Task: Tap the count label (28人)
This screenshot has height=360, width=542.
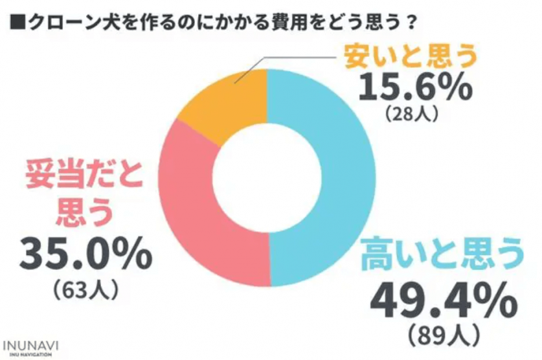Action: point(412,115)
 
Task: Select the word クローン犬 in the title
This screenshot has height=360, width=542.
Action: point(62,19)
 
